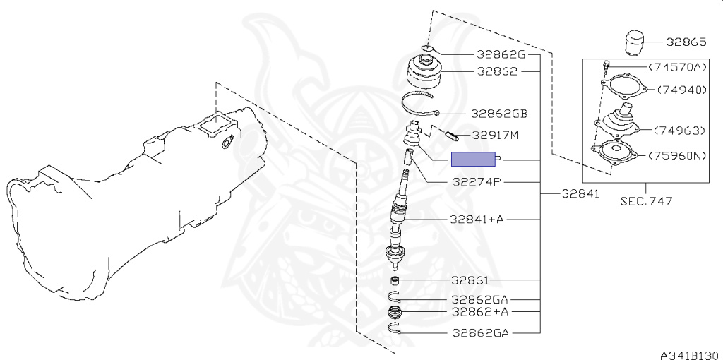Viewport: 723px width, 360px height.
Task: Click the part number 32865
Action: pyautogui.click(x=686, y=42)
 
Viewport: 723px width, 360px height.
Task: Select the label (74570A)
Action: pyautogui.click(x=677, y=67)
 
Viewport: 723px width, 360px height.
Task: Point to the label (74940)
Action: pyautogui.click(x=681, y=90)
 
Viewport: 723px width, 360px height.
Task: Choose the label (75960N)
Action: pyautogui.click(x=677, y=156)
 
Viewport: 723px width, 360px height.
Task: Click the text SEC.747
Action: pyautogui.click(x=645, y=201)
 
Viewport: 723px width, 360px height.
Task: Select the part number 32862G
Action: pyautogui.click(x=501, y=55)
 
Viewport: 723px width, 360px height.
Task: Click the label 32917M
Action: pyautogui.click(x=496, y=136)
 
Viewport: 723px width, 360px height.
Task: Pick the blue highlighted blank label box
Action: pyautogui.click(x=473, y=159)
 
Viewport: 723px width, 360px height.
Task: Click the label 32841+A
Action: pyautogui.click(x=477, y=220)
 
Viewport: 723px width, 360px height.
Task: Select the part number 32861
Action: pyautogui.click(x=470, y=280)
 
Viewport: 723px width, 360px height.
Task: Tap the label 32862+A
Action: pyautogui.click(x=480, y=311)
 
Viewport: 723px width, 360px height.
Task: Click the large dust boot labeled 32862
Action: pyautogui.click(x=425, y=71)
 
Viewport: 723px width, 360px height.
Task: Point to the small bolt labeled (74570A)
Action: pyautogui.click(x=607, y=67)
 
